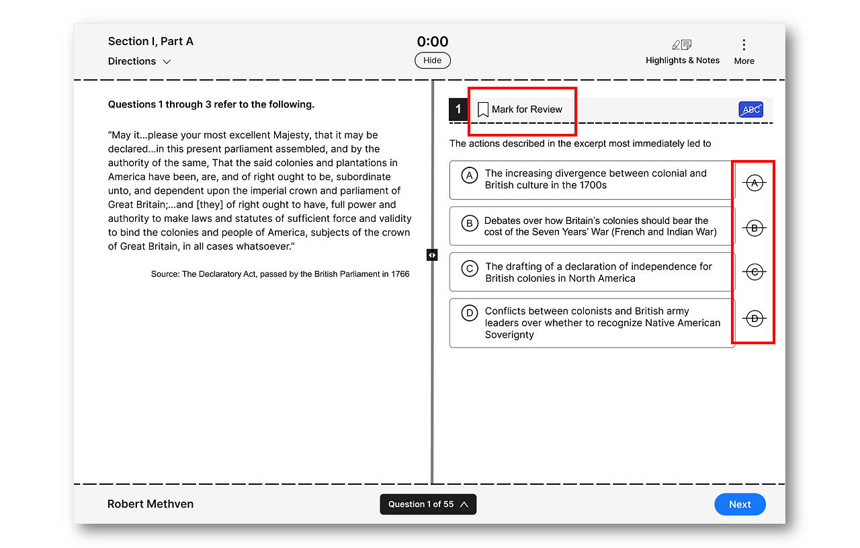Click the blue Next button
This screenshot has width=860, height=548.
tap(740, 504)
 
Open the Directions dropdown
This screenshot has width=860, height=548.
tap(139, 61)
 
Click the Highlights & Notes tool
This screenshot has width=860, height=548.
tap(682, 52)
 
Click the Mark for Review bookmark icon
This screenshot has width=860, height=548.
tap(483, 110)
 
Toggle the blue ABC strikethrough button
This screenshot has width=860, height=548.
tap(750, 110)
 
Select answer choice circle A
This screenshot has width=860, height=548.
tap(470, 175)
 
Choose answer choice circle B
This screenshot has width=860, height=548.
tap(469, 223)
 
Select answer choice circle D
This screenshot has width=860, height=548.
tap(469, 313)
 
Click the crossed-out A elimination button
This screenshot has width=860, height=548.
tap(755, 183)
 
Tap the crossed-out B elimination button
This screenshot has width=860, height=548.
tap(755, 229)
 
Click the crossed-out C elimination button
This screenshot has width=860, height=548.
tap(755, 272)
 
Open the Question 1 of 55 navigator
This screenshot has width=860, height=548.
tap(428, 504)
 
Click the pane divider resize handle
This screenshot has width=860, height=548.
tap(432, 255)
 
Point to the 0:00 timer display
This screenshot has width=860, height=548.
tap(432, 42)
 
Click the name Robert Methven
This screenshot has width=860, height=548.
tap(150, 504)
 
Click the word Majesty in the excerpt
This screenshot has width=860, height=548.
tap(290, 135)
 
